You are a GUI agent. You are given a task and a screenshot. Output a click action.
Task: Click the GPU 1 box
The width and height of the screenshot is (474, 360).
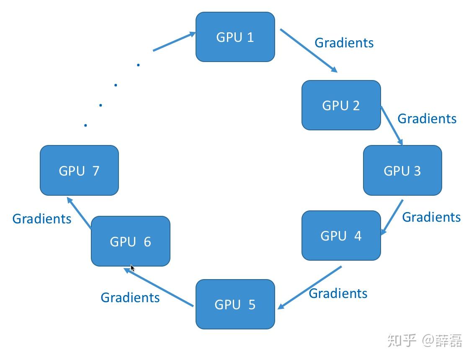235,37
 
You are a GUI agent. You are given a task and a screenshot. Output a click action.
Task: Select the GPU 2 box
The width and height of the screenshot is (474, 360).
341,105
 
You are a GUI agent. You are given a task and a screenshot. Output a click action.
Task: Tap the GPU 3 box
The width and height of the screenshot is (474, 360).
402,171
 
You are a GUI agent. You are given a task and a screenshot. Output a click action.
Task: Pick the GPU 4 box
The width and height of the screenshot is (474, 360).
341,236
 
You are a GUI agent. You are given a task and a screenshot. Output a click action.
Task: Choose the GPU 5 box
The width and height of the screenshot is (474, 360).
235,304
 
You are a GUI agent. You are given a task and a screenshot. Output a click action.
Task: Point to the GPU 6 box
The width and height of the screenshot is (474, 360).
131,241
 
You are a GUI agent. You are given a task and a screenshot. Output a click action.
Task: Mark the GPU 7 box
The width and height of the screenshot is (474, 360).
79,171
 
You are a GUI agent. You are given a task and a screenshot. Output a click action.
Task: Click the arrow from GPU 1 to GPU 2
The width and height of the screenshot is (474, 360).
309,51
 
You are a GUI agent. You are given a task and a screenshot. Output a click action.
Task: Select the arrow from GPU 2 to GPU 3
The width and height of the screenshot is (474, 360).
392,126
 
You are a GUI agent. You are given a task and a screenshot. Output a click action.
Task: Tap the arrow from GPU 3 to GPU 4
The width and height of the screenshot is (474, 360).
392,217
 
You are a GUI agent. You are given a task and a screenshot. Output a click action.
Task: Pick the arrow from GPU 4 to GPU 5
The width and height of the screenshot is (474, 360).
310,287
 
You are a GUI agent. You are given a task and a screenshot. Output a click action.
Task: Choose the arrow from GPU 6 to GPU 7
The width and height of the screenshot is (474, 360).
79,213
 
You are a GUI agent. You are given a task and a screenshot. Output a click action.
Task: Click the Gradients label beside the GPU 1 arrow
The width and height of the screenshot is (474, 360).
344,43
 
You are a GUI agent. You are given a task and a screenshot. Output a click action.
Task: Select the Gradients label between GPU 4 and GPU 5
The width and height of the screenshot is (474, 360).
338,293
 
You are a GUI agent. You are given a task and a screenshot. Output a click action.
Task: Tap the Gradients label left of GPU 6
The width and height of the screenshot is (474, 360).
42,219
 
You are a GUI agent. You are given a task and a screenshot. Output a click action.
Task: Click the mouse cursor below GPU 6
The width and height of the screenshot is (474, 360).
133,268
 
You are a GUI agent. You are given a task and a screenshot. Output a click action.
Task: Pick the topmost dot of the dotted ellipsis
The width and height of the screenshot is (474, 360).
138,65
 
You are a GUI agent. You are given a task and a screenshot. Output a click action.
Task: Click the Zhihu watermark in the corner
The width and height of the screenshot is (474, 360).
425,340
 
